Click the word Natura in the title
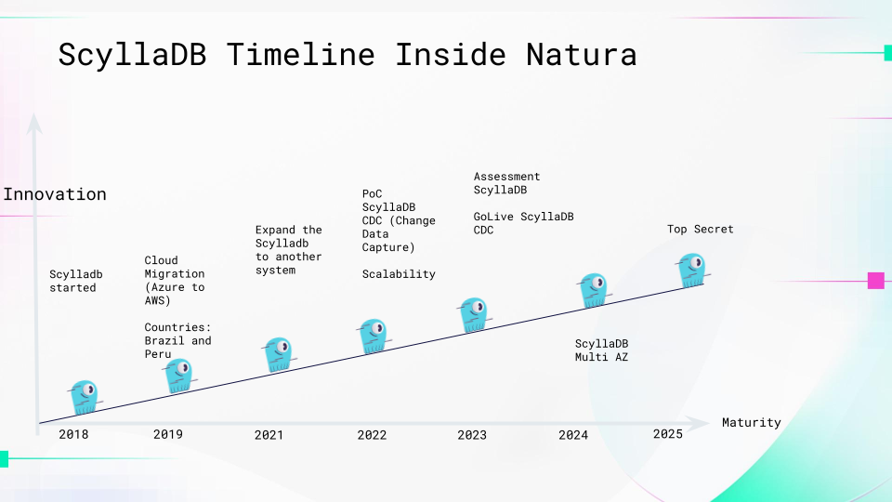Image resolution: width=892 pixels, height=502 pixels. (581, 55)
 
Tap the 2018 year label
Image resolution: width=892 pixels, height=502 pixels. (73, 434)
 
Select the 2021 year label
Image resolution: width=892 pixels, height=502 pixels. (269, 435)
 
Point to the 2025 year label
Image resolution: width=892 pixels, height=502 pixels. (668, 434)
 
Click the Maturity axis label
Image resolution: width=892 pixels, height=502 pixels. (751, 422)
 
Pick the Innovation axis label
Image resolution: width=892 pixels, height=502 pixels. (55, 194)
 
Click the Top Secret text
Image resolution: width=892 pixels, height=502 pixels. (701, 229)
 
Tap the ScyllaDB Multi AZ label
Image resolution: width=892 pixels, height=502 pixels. (601, 350)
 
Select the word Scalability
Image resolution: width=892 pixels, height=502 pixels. (399, 273)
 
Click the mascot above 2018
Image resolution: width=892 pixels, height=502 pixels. (85, 397)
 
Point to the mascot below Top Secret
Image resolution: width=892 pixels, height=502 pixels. (692, 270)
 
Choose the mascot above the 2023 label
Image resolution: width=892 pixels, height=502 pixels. (474, 314)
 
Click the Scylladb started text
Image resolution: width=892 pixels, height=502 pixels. (75, 281)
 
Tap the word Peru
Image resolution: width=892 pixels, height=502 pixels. (158, 354)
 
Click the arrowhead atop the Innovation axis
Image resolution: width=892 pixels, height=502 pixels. (34, 123)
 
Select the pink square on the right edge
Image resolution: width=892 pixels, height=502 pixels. (876, 281)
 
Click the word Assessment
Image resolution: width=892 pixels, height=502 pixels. (506, 177)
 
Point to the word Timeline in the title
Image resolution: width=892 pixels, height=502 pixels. (300, 55)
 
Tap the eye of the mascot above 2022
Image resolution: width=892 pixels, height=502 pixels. (377, 328)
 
